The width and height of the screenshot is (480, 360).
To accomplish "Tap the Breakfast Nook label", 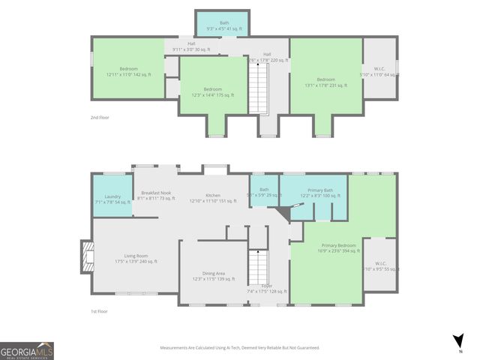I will pyautogui.click(x=156, y=196).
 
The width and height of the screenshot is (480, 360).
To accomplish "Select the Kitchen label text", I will pyautogui.click(x=213, y=198).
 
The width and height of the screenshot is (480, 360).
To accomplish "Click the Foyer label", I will pyautogui.click(x=265, y=288).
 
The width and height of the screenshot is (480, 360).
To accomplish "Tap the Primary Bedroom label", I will pyautogui.click(x=339, y=248).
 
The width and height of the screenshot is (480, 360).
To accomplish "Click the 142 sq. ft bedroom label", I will pyautogui.click(x=128, y=72).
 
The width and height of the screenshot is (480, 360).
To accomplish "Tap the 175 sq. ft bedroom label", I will pyautogui.click(x=214, y=92).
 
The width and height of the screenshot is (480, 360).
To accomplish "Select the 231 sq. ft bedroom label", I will pyautogui.click(x=325, y=82).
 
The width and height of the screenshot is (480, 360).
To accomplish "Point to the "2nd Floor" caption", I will pyautogui.click(x=100, y=117).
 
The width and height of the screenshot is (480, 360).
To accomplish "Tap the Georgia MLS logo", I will pyautogui.click(x=27, y=351).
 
